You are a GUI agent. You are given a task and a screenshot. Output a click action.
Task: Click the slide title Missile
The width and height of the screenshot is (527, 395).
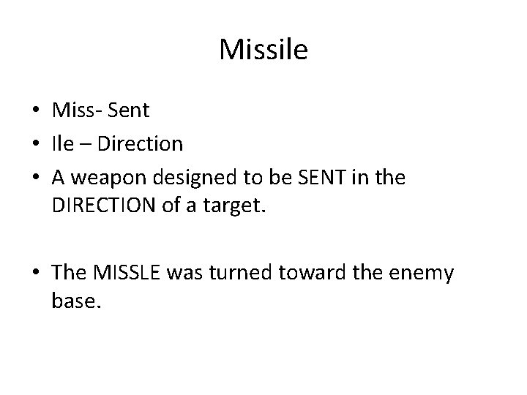[263, 50]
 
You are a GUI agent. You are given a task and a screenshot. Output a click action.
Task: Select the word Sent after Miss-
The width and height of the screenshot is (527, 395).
[128, 111]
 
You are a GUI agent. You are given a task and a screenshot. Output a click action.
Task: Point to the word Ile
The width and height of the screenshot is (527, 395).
[64, 144]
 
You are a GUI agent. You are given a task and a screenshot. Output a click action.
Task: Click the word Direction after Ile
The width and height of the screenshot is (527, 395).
[141, 144]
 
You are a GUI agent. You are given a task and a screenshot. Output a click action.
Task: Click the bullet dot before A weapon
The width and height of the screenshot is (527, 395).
[36, 178]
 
